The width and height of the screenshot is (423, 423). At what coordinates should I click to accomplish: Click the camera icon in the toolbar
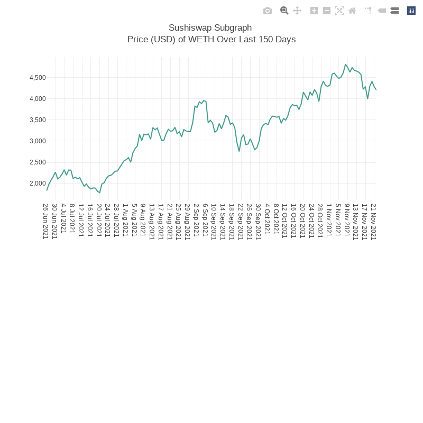[x=268, y=11]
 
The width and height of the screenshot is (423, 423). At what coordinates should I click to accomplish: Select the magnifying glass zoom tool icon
[x=284, y=11]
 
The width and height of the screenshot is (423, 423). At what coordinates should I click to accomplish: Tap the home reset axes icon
[x=352, y=11]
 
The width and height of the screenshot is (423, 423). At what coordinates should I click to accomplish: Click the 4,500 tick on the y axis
[x=38, y=78]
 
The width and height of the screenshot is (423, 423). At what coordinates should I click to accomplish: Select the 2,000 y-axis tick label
[x=38, y=183]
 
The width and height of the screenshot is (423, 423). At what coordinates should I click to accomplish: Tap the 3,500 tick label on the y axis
[x=38, y=120]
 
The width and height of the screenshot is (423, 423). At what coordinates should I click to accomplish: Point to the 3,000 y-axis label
[x=38, y=141]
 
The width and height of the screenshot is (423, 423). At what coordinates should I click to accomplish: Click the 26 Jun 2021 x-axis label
[x=46, y=221]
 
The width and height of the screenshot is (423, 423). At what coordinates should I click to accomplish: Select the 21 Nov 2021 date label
[x=373, y=221]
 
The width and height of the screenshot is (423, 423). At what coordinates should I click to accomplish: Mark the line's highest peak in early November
[x=346, y=65]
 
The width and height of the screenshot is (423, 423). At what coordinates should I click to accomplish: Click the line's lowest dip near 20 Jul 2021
[x=99, y=193]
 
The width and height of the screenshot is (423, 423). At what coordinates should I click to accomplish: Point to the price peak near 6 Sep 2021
[x=204, y=100]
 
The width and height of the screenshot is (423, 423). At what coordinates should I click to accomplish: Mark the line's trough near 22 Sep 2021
[x=239, y=151]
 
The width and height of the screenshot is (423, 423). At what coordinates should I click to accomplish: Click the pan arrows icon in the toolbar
[x=297, y=11]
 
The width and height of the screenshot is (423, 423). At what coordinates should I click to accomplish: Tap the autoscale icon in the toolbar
[x=339, y=11]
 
